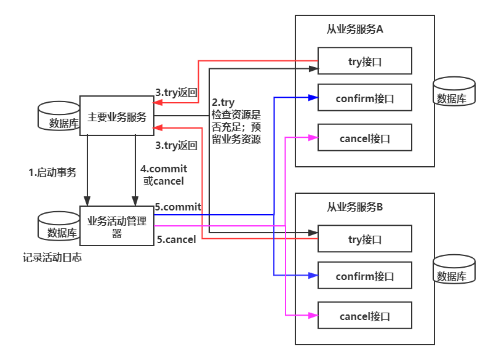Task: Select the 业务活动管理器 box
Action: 117,225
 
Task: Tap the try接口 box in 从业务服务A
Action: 364,61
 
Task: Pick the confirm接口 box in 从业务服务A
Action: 364,98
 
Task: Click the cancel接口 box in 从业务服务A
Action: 364,138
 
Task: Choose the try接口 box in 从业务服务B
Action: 364,239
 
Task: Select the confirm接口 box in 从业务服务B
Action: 364,276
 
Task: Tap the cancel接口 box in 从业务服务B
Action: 364,316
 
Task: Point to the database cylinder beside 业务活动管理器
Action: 59,226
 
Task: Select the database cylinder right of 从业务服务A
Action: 454,92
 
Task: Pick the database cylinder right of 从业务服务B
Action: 454,270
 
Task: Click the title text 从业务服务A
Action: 355,30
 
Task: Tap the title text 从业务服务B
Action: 355,207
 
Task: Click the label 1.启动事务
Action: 53,173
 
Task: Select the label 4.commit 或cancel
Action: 163,175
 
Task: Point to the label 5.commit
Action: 178,207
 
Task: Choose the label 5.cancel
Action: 176,239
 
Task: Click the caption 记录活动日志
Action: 52,258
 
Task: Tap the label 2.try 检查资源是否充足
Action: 236,121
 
